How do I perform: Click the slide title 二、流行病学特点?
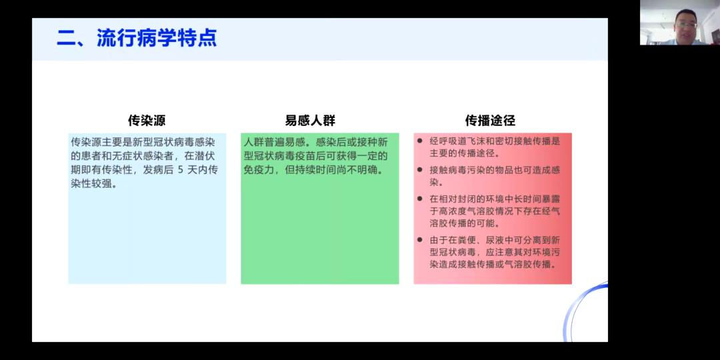(137, 39)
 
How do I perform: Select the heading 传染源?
(147, 120)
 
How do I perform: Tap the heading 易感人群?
(310, 120)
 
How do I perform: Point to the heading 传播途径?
(490, 120)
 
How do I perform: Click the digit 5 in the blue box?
(181, 170)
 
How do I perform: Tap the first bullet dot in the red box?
(420, 141)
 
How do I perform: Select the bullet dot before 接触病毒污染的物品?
(420, 169)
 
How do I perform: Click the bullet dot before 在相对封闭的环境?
(420, 199)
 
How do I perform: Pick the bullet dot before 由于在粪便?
(420, 240)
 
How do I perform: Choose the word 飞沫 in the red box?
(475, 141)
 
